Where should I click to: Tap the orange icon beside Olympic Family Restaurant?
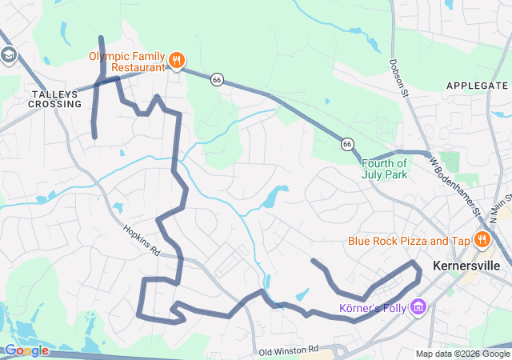[177, 59]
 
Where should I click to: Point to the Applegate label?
[477, 86]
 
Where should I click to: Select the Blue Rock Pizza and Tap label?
[408, 241]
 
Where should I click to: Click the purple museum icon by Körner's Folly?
[418, 306]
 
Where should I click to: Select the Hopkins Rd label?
[142, 239]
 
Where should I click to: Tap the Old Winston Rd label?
[289, 350]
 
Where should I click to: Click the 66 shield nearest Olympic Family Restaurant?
[217, 80]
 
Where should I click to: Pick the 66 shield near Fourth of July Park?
[346, 144]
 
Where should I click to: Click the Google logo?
[26, 350]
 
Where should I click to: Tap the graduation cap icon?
[9, 55]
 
